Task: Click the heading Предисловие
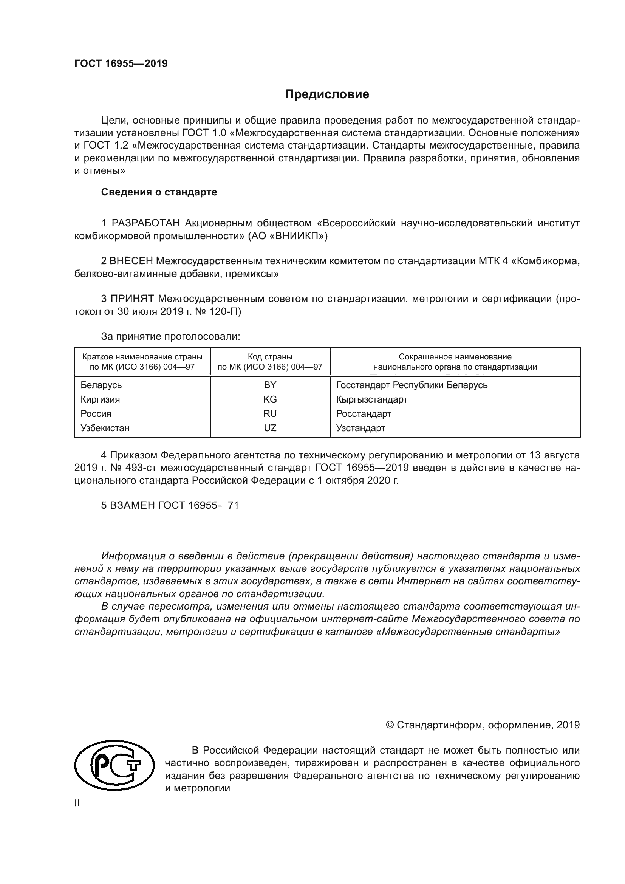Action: point(327,94)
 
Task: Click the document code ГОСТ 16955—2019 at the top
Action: point(121,64)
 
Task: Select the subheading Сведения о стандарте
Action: point(159,192)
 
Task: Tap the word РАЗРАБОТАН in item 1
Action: point(146,223)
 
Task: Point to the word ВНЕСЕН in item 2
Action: point(131,261)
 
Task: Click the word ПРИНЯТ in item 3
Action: point(132,299)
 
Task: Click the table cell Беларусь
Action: point(101,385)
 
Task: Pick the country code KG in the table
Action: point(270,399)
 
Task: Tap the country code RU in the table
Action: point(270,414)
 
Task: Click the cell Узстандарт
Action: point(360,428)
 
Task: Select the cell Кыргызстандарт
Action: point(371,399)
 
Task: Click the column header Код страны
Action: point(270,357)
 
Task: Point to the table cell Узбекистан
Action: point(105,428)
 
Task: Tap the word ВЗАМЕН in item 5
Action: point(133,506)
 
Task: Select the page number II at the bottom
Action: point(77,803)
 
